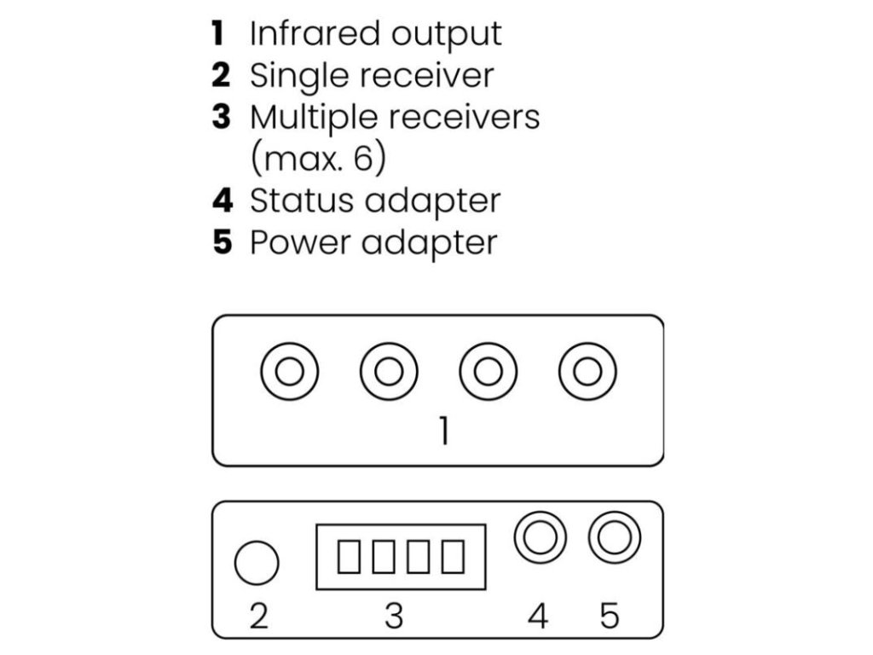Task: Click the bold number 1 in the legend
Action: tap(218, 34)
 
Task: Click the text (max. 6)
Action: tap(317, 159)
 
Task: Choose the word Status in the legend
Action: tap(299, 200)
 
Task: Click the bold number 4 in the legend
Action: tap(222, 200)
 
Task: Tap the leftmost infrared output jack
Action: tap(290, 372)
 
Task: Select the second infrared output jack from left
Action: tap(389, 372)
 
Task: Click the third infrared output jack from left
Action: tap(488, 372)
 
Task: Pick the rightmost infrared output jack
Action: tap(587, 372)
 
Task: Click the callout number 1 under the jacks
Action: tap(443, 432)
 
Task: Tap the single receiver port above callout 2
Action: tap(257, 564)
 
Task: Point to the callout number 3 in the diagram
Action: tap(393, 614)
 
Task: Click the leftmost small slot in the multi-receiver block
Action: tap(349, 557)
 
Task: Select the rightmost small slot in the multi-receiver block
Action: tap(454, 557)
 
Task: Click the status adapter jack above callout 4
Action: tap(541, 538)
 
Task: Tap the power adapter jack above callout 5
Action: tap(615, 538)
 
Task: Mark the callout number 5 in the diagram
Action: tap(610, 614)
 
